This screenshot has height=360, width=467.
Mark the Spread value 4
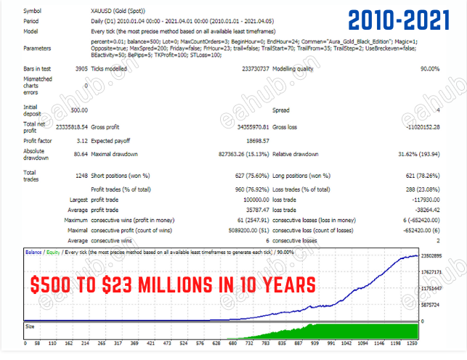437,110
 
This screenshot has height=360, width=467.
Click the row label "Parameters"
38,49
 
